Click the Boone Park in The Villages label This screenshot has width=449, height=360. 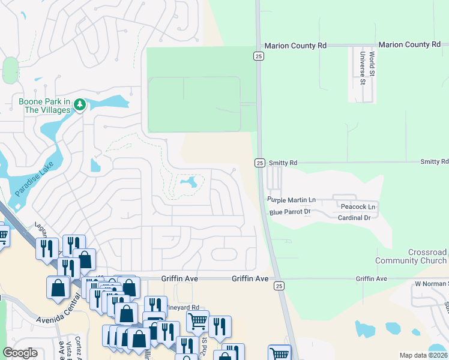point(45,106)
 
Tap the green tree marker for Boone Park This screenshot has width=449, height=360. point(80,106)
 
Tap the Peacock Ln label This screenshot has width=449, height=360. point(358,207)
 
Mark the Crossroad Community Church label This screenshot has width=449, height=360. point(411,257)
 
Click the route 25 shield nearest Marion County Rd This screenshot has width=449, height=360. point(258,56)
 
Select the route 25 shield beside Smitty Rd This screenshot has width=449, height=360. point(259,163)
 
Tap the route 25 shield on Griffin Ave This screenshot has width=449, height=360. point(278,286)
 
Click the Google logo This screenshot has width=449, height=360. point(20,353)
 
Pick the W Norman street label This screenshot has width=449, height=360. point(432,283)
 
